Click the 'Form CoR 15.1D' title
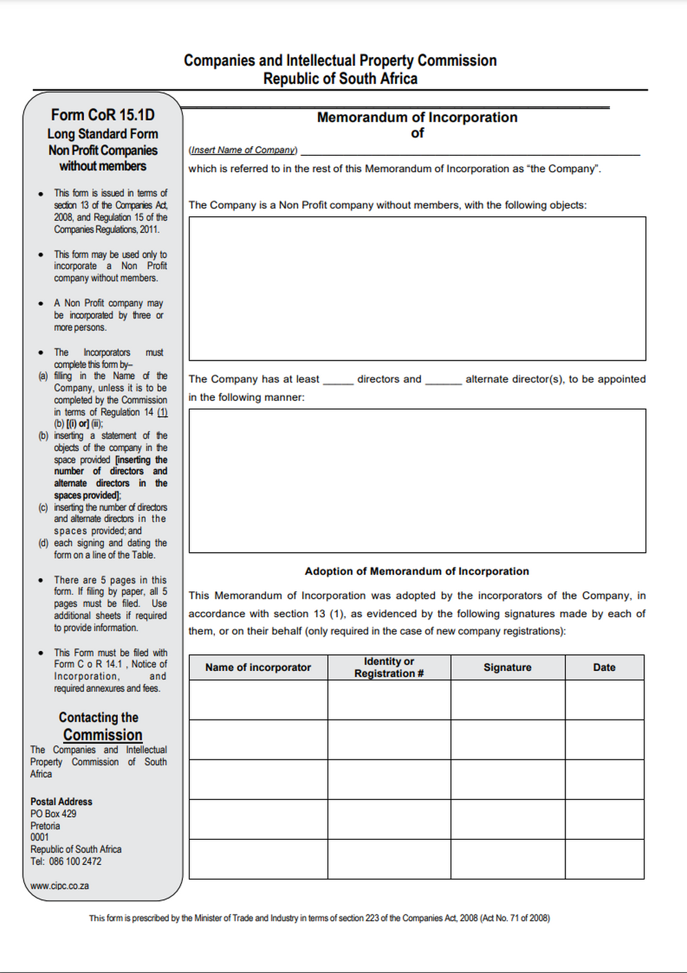[x=102, y=115]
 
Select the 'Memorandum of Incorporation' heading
[x=417, y=117]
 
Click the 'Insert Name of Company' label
[x=243, y=150]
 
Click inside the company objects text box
[x=417, y=288]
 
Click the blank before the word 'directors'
[x=338, y=380]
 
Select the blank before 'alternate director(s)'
[x=443, y=380]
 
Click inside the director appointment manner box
[x=417, y=481]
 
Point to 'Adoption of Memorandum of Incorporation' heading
[x=417, y=571]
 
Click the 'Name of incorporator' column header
[x=258, y=667]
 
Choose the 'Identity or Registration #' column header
[x=389, y=667]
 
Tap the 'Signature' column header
[x=508, y=667]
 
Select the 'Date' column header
[x=605, y=667]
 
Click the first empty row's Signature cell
[x=508, y=700]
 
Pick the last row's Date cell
[x=605, y=859]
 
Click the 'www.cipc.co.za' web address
[x=60, y=886]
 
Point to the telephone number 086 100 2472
[x=75, y=862]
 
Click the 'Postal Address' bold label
[x=61, y=802]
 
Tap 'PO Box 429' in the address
[x=54, y=814]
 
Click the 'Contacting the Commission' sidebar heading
[x=100, y=726]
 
